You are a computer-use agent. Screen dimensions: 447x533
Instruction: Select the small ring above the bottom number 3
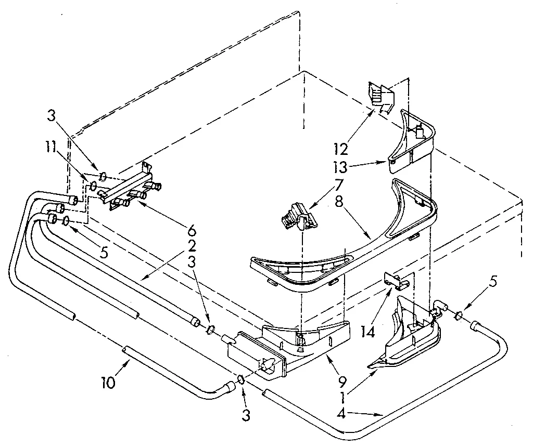[241, 380]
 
